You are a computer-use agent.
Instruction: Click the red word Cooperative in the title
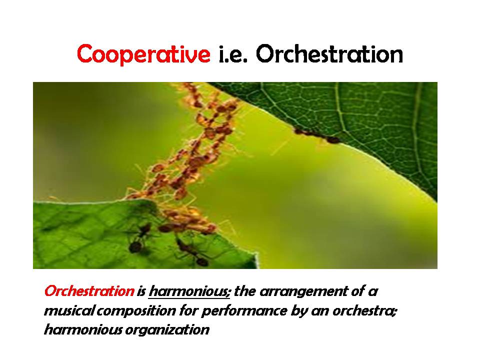tap(143, 54)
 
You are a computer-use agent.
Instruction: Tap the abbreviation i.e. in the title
tap(233, 54)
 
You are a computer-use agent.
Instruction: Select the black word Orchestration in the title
tap(329, 54)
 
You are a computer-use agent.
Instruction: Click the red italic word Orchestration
tap(89, 291)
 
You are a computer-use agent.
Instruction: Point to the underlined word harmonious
tap(189, 291)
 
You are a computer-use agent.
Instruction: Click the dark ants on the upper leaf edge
tap(317, 136)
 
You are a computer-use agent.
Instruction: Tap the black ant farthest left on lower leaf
tap(139, 238)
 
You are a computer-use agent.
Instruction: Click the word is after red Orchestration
tap(141, 291)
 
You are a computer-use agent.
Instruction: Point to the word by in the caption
tap(299, 311)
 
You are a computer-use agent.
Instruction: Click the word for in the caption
tap(188, 310)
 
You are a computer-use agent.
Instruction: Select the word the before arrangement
tap(245, 291)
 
